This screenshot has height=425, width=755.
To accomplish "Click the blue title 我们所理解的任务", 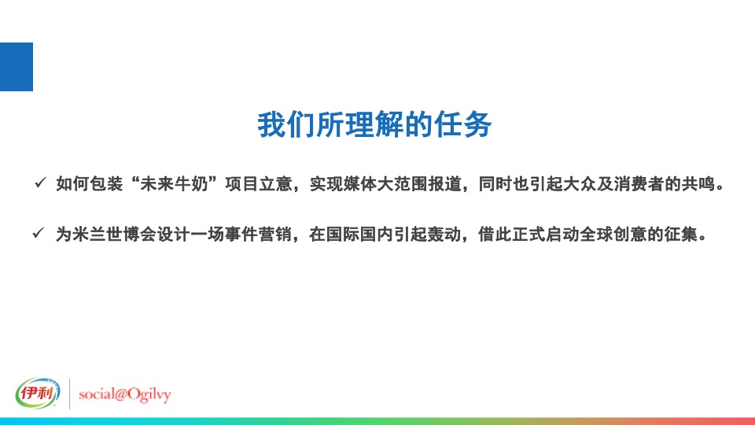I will click(375, 125).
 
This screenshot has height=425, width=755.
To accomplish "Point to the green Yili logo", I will click(38, 394).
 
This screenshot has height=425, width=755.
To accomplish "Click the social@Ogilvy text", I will click(127, 394).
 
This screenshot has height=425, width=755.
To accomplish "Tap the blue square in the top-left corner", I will click(16, 67).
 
